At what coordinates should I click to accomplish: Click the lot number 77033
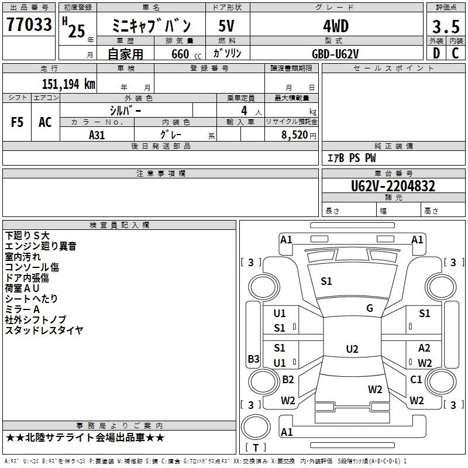[x=29, y=25]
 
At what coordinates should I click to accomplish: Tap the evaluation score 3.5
[x=445, y=26]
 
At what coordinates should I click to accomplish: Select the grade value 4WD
[x=335, y=26]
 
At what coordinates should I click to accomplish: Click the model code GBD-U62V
[x=335, y=53]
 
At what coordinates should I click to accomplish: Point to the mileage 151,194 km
[x=68, y=84]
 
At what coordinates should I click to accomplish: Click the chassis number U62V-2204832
[x=393, y=186]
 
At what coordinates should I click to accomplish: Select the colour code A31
[x=97, y=134]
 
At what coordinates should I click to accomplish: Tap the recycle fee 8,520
[x=294, y=135]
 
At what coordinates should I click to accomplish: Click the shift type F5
[x=18, y=122]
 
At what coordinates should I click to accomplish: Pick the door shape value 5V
[x=227, y=26]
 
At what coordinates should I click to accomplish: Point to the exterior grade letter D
[x=436, y=53]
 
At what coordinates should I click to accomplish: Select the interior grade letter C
[x=455, y=53]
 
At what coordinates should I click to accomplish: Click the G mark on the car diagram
[x=370, y=308]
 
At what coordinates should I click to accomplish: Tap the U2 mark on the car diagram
[x=352, y=349]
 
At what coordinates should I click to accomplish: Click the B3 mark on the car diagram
[x=253, y=359]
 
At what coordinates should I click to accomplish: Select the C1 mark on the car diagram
[x=416, y=380]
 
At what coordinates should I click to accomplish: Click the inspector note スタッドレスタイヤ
[x=44, y=330]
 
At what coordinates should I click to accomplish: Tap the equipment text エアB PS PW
[x=352, y=158]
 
